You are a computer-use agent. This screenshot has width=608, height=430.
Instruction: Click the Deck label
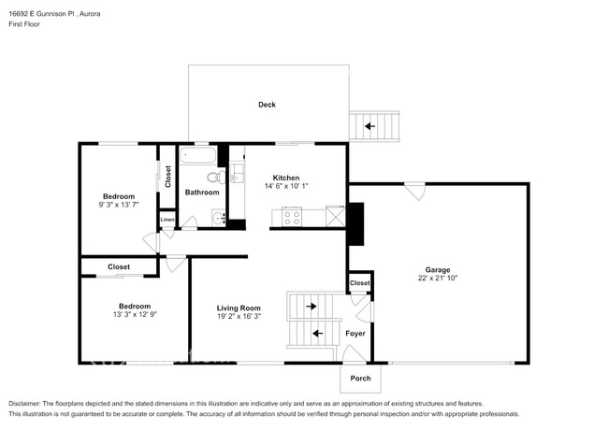268,105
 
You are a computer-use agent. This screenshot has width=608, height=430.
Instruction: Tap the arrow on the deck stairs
370,125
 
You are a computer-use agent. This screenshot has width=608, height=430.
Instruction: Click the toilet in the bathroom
213,177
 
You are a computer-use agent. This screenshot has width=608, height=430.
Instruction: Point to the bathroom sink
218,219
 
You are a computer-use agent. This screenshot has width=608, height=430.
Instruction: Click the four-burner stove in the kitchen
291,217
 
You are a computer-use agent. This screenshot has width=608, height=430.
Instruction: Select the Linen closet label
167,220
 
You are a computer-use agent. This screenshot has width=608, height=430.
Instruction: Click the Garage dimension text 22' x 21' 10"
439,278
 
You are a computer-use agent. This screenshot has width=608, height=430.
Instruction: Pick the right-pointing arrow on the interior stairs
311,306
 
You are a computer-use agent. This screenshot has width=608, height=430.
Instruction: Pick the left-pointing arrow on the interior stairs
317,333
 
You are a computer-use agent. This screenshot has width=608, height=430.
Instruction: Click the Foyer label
355,333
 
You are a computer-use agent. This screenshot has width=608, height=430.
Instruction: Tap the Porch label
360,378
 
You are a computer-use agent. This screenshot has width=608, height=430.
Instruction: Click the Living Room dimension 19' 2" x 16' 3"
239,316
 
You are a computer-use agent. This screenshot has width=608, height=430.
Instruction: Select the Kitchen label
285,177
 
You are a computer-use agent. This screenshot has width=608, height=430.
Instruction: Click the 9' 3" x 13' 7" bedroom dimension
119,205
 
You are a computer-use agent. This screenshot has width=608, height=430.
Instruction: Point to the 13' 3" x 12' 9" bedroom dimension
135,314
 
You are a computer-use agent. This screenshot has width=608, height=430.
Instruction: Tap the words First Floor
23,24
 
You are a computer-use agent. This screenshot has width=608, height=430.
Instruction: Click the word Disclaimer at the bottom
27,402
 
